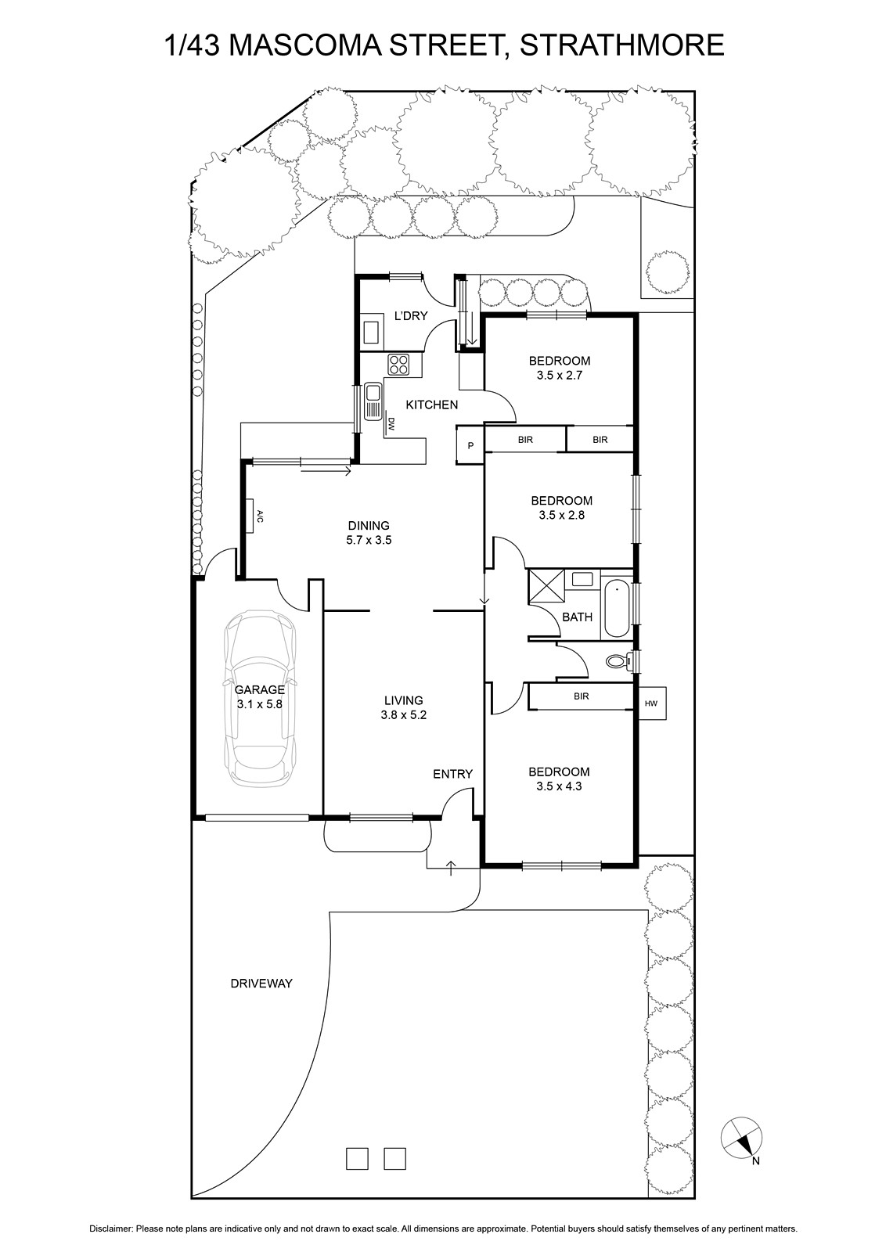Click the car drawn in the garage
(x=260, y=699)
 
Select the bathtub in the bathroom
(x=617, y=609)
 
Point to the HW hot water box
(x=651, y=703)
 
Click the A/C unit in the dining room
(x=250, y=516)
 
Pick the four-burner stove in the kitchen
(x=399, y=365)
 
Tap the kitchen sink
(x=372, y=401)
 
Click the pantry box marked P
(x=470, y=445)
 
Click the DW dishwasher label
(x=391, y=423)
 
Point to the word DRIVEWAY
(x=261, y=983)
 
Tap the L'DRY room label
(x=411, y=316)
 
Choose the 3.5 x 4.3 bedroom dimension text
(x=559, y=786)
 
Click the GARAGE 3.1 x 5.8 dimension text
(x=259, y=704)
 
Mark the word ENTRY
(x=452, y=774)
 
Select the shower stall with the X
(x=546, y=585)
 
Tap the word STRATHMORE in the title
(x=621, y=45)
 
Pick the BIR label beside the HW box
(x=582, y=696)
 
